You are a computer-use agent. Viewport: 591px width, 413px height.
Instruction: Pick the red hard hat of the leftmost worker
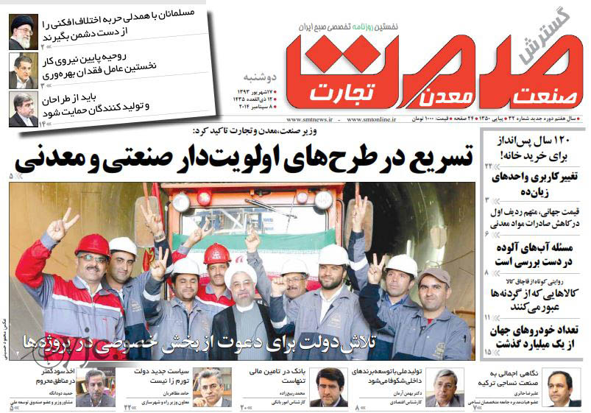pyautogui.click(x=93, y=244)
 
